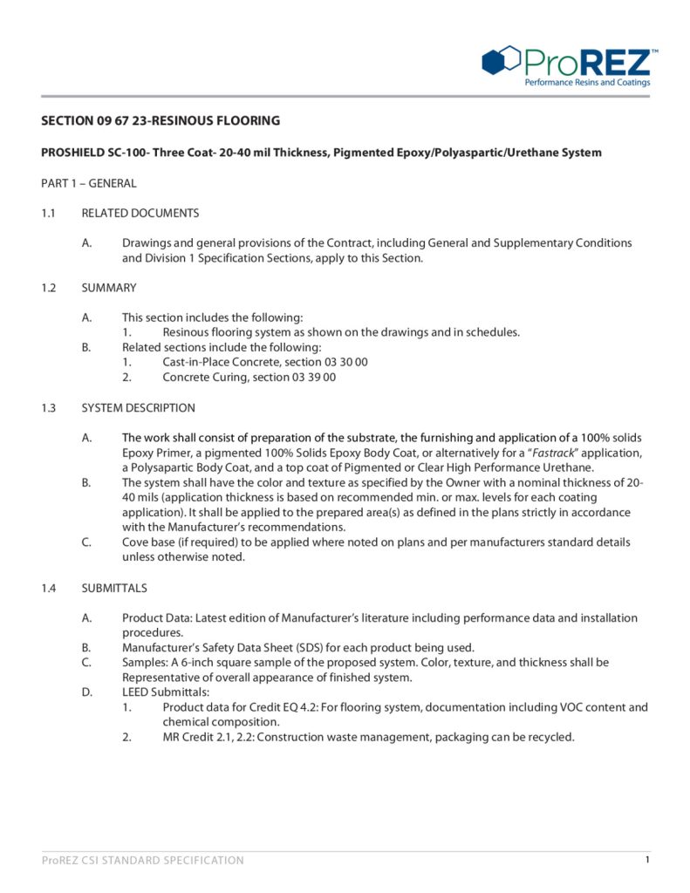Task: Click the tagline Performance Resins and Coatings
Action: coord(586,83)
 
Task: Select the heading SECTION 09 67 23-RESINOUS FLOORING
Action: coord(161,120)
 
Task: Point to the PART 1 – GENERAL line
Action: coord(89,183)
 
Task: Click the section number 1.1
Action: coord(49,213)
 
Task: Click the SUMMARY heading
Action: coord(108,287)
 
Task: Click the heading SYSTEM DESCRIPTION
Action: coord(138,408)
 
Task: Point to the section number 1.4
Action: coord(49,588)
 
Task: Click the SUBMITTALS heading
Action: coord(113,588)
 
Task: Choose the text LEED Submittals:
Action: coord(166,692)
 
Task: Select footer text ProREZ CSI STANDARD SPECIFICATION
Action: coord(143,861)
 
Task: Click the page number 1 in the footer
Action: coord(647,860)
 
